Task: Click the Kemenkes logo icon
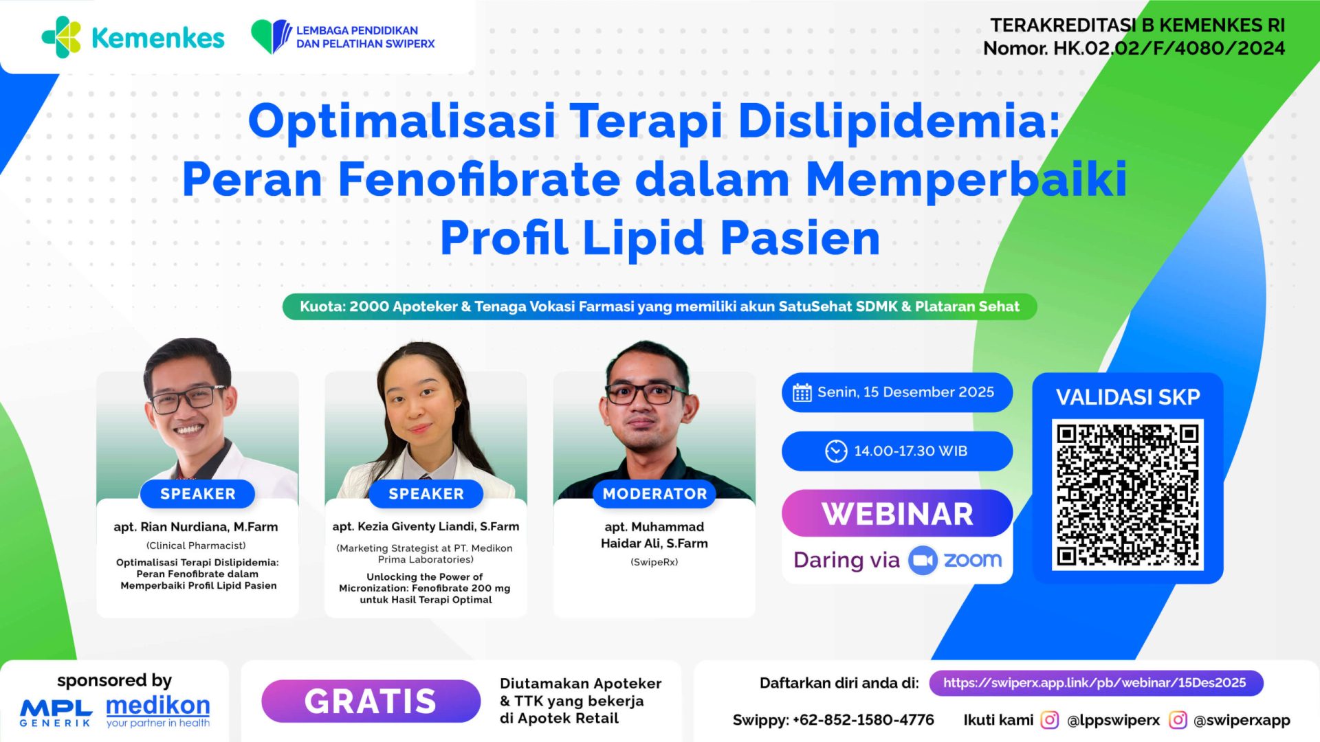click(x=62, y=37)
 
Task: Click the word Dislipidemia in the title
click(x=898, y=120)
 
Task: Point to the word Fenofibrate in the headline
click(x=478, y=179)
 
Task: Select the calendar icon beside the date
click(x=802, y=393)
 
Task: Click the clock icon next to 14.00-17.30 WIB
click(x=836, y=451)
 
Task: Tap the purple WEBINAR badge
click(x=896, y=514)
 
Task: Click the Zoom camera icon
click(x=923, y=561)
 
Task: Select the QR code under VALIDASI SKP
click(x=1127, y=495)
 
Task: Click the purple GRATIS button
click(x=371, y=701)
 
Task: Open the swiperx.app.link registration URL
click(x=1095, y=683)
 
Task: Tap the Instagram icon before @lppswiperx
click(x=1049, y=720)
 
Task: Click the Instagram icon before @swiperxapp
click(x=1178, y=720)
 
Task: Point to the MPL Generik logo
click(x=56, y=712)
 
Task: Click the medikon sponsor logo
click(x=158, y=710)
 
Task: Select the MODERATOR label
click(x=654, y=494)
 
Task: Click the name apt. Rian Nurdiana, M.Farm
click(x=196, y=527)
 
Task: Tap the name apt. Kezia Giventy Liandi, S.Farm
click(x=426, y=526)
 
